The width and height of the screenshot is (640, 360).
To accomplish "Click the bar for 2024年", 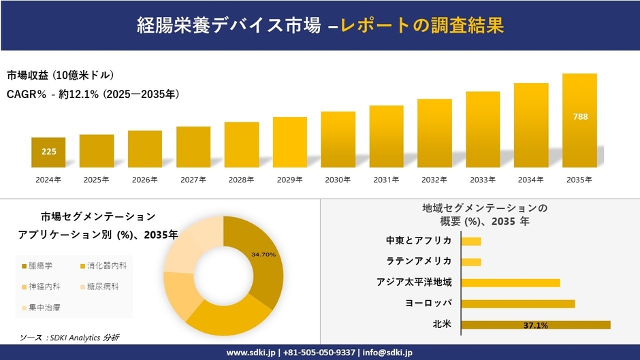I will [x=48, y=152].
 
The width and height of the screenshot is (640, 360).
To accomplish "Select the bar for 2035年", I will [x=579, y=120].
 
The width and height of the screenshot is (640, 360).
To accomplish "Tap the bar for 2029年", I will [x=290, y=142].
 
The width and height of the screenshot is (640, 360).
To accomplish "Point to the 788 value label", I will [x=580, y=116].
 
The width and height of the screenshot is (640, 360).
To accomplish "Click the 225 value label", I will [x=49, y=151].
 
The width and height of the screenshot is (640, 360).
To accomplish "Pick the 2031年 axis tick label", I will [x=386, y=180].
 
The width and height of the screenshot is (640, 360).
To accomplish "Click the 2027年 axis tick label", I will [x=193, y=180].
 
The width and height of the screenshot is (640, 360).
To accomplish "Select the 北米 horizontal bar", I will [x=536, y=325].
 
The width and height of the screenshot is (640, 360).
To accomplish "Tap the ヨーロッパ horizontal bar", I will [x=518, y=304].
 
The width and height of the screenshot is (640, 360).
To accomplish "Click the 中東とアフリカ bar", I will [x=471, y=241].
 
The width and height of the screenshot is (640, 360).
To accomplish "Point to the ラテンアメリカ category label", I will [x=419, y=261].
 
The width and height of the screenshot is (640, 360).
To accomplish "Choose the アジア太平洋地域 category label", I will [x=414, y=282].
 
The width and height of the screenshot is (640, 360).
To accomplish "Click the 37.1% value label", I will [x=536, y=325].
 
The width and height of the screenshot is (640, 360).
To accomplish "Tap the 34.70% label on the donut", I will [x=263, y=255].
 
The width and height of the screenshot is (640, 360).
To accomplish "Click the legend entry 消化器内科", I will [x=103, y=265].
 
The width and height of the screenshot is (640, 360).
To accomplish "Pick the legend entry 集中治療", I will [x=42, y=308].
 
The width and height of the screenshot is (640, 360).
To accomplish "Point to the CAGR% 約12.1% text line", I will [x=93, y=94].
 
